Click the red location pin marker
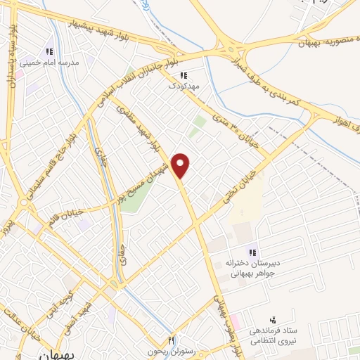pos(181,165)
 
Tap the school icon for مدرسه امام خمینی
pos(49,51)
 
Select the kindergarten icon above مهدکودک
pos(184,75)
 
